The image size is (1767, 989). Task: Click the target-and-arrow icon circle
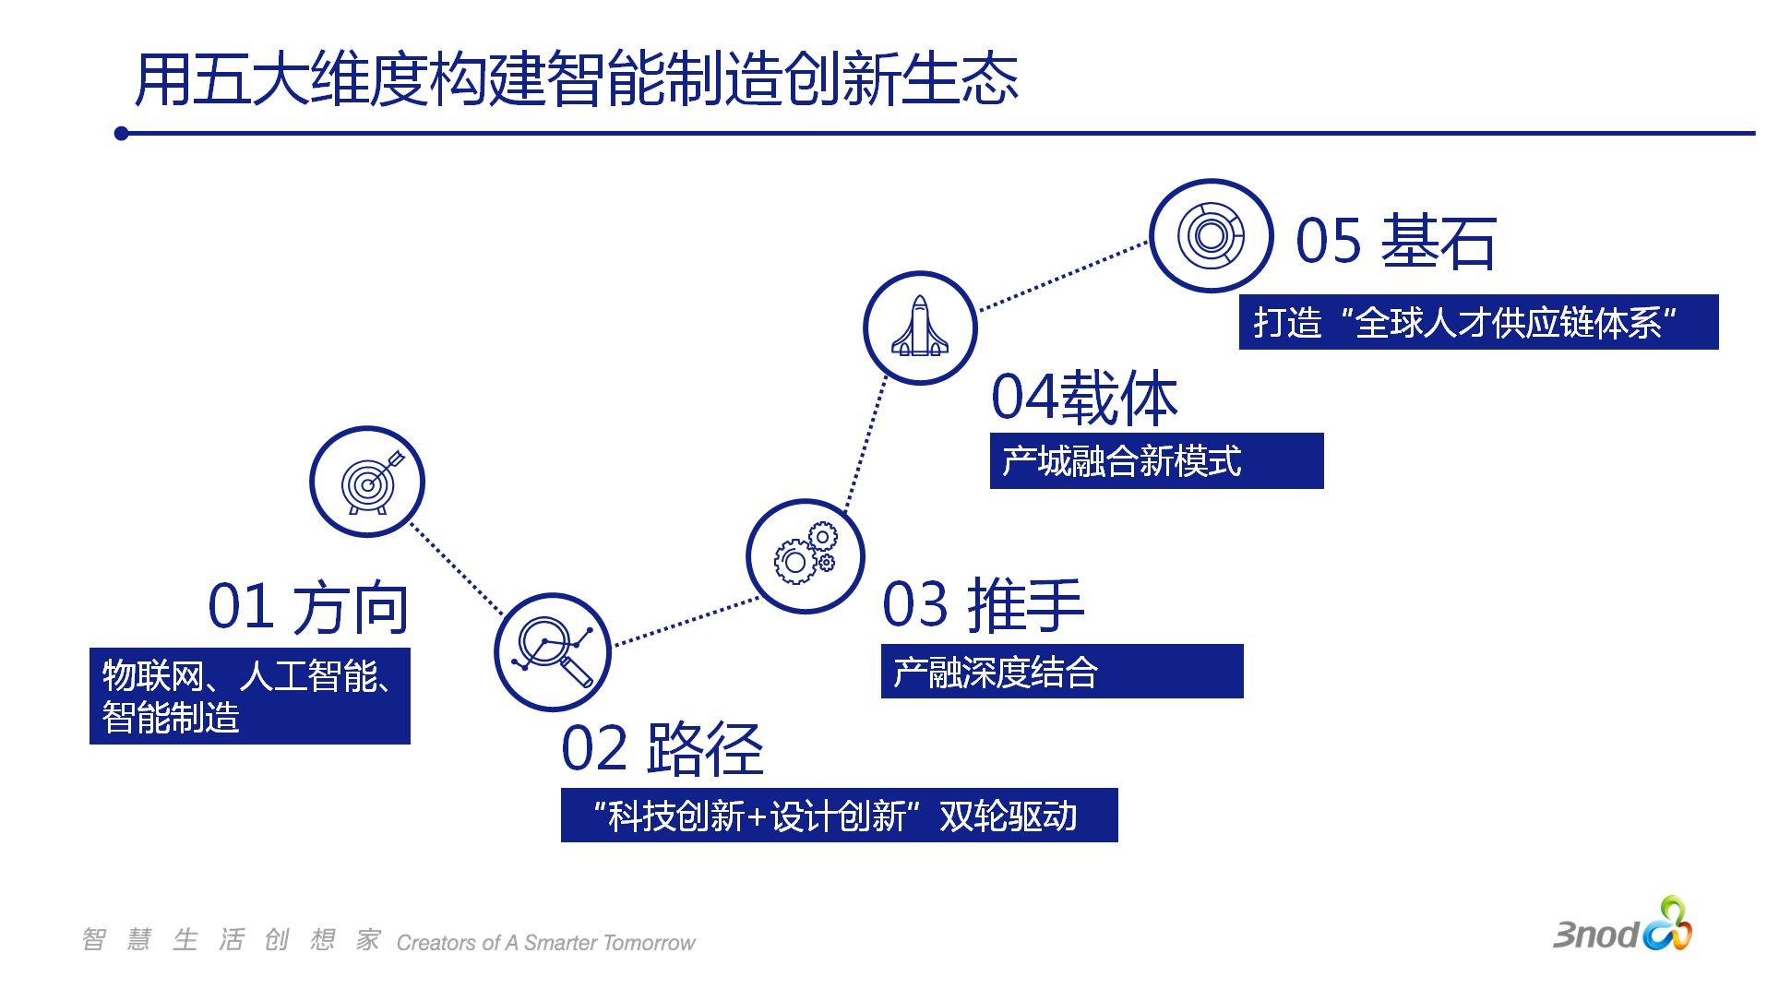coord(367,482)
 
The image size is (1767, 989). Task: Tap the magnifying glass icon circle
coord(553,652)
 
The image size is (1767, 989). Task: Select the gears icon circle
coord(805,556)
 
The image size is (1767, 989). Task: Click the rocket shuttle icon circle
coord(920,328)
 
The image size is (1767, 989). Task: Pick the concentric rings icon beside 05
coord(1211,236)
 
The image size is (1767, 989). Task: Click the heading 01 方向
coord(308,607)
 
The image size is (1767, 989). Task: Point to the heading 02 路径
coord(663,748)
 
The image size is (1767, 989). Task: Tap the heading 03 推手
coord(983,605)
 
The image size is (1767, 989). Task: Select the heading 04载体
coord(1085,398)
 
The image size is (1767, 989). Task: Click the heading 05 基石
coord(1395,242)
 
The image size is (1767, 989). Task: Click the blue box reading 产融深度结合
coord(1061,672)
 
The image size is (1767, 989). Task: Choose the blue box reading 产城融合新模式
coord(1155,460)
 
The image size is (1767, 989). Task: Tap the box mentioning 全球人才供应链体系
coord(1477,322)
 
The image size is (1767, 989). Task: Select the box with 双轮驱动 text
coord(839,816)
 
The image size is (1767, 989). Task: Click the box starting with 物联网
coord(249,697)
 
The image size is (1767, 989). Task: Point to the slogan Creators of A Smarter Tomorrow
coord(545,943)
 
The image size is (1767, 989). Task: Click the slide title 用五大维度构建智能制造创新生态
coord(577,79)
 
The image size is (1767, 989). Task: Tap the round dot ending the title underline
coord(122,134)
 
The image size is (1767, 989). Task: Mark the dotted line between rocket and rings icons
coord(1063,275)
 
